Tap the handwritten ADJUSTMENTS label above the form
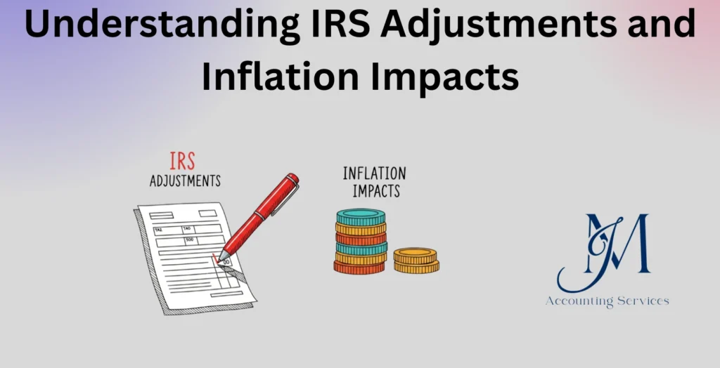click(185, 180)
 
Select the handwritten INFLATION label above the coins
click(374, 173)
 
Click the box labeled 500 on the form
click(191, 240)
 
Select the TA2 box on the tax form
click(159, 230)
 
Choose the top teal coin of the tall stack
click(361, 216)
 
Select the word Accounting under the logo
click(581, 301)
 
